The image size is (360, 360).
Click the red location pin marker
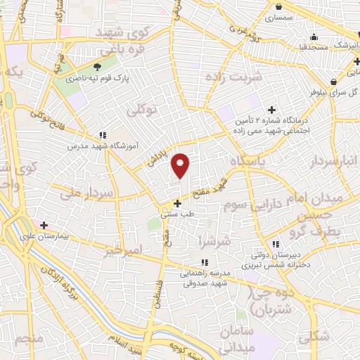(181, 165)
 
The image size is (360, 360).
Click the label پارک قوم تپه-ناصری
(73, 79)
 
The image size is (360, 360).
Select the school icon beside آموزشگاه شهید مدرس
(103, 135)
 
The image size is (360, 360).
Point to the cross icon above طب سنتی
(177, 202)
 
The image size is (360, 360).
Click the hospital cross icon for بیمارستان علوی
(44, 225)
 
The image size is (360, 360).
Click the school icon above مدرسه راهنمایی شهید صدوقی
(204, 262)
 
